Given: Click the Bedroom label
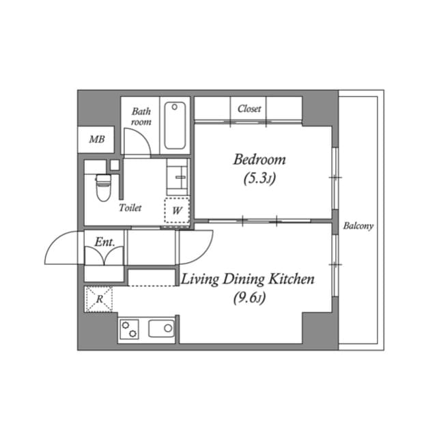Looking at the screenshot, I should (259, 160).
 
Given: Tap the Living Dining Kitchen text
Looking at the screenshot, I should (247, 279).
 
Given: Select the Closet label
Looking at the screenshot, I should (249, 109).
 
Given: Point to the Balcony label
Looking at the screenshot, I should (358, 225).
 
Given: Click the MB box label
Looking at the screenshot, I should (97, 140).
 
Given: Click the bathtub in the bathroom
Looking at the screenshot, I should (176, 126).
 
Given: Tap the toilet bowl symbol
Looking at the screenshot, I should (103, 186).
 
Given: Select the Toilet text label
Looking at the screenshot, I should (130, 208).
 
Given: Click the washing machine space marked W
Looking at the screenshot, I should (177, 210).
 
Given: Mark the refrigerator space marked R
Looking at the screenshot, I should (99, 299).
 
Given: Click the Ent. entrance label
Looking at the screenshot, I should (104, 241).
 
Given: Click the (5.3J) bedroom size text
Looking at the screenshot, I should (259, 180).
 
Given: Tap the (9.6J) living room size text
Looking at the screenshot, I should (247, 298).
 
